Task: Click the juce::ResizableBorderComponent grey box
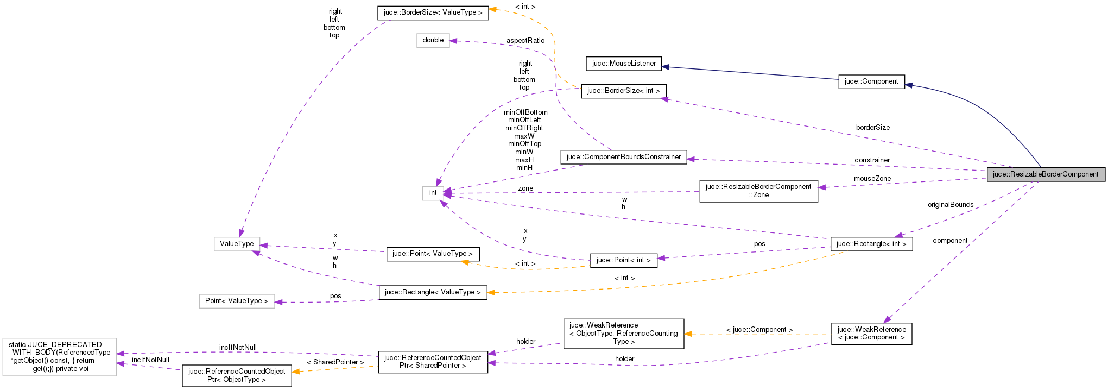point(1046,174)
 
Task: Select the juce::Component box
point(871,81)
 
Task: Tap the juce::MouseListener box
point(624,64)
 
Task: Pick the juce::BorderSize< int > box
point(623,91)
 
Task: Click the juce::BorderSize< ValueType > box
point(433,12)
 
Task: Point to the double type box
point(433,40)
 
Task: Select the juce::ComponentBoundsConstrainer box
point(623,157)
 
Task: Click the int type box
point(433,193)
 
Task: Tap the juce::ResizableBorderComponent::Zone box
point(758,191)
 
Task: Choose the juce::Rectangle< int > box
point(871,244)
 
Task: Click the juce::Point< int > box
point(623,260)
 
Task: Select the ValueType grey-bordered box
point(237,244)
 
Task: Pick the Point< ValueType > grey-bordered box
point(236,301)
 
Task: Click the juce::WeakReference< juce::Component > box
point(871,334)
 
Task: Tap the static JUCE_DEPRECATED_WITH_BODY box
point(59,357)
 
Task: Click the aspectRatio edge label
point(525,41)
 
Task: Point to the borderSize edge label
point(872,128)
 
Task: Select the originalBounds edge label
point(950,205)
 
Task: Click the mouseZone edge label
point(872,179)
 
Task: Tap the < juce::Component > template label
point(759,330)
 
